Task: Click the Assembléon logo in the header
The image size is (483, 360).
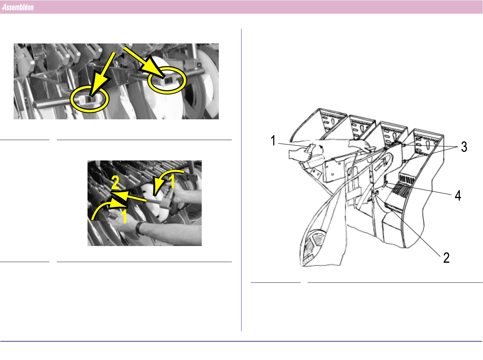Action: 18,7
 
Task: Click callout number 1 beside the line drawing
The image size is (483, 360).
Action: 273,140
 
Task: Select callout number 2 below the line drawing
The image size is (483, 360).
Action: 446,258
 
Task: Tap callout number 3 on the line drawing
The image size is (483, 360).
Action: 464,147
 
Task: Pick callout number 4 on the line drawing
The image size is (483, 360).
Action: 458,195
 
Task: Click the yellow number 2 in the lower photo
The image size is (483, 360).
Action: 115,182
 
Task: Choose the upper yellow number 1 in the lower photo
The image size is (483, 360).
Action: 172,181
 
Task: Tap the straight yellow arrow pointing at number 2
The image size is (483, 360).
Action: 129,196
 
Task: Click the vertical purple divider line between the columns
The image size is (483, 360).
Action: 241,180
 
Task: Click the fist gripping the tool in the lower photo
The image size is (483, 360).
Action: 172,192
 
